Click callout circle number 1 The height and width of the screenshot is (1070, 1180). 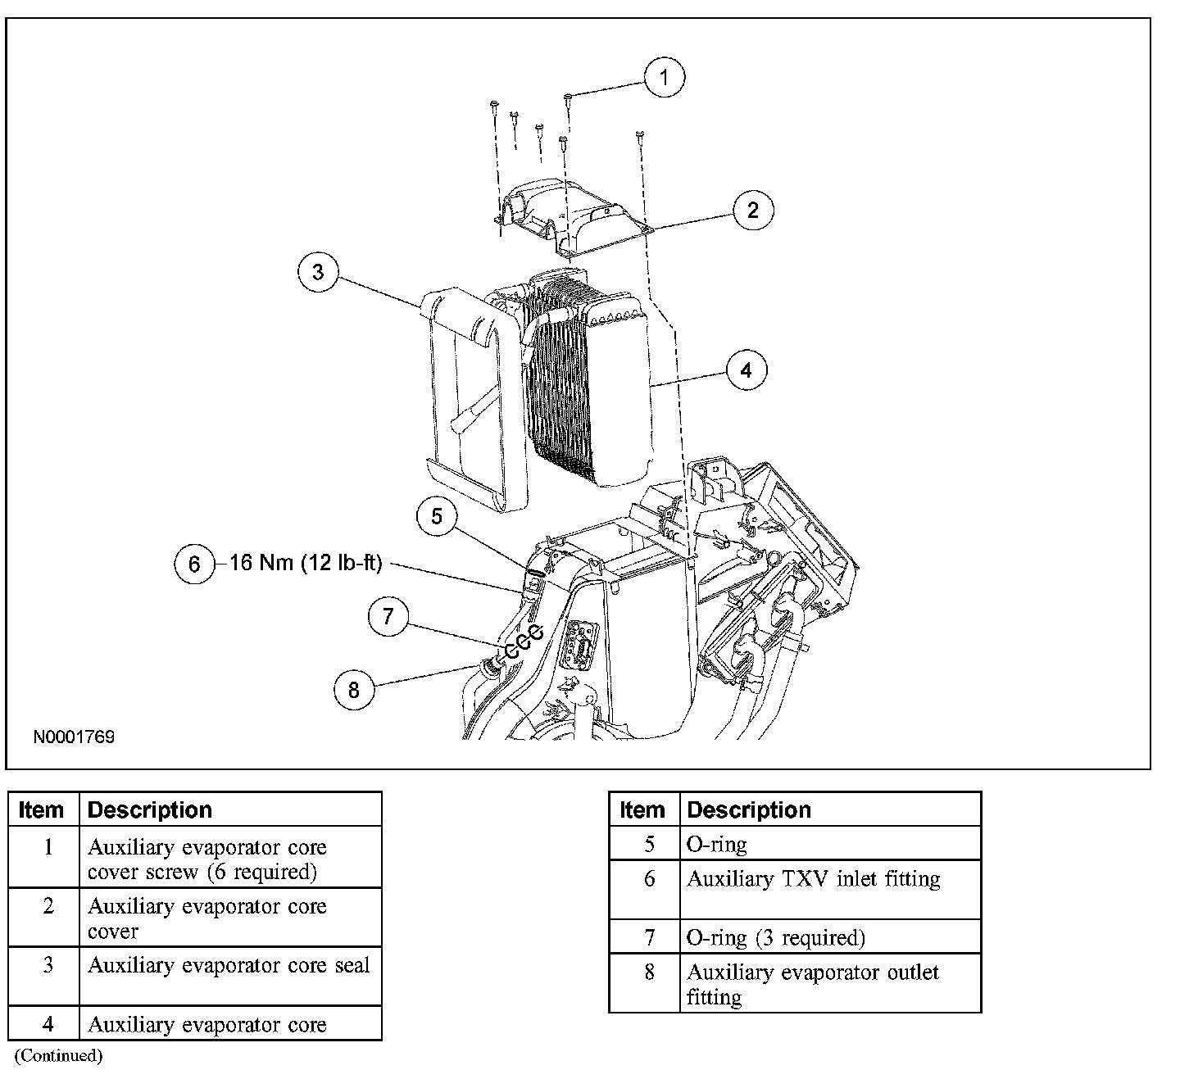coord(665,78)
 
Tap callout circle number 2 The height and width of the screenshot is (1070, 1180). coord(753,211)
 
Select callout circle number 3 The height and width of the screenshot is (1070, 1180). coord(318,272)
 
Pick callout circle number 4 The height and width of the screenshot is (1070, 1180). coord(746,370)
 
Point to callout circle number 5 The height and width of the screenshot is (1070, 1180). coord(437,516)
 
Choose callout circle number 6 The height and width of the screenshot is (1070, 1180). coord(194,564)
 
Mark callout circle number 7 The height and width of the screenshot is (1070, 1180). coord(388,616)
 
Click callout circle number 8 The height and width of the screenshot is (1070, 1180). coord(354,690)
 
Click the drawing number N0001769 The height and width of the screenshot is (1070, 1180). coord(74,737)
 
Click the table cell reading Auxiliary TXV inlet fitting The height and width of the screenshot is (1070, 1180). coord(813,880)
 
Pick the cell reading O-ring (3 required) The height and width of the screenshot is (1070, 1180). coord(775,938)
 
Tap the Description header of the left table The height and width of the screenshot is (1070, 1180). coord(149,810)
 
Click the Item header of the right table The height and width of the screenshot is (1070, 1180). coord(642,810)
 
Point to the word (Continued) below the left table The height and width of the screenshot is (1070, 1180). coord(59,1055)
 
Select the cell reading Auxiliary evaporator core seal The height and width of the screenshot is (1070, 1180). coord(229,966)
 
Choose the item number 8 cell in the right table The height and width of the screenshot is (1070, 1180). coord(649,973)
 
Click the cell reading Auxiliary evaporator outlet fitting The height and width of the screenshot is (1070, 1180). coord(812,985)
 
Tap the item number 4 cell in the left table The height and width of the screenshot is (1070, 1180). coord(48,1024)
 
